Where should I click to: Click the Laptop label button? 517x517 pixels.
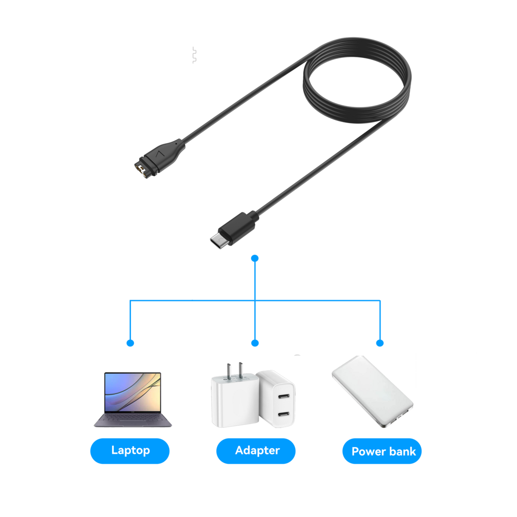tap(130, 450)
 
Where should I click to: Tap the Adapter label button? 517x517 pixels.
tap(256, 450)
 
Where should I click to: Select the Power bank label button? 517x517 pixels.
tap(382, 451)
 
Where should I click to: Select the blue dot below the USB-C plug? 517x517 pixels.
tap(254, 257)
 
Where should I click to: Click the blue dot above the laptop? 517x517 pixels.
tap(130, 343)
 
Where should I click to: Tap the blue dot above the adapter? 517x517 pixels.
tap(254, 343)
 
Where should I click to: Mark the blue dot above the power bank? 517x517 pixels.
tap(380, 343)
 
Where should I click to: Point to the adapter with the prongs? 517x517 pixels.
tap(233, 401)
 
